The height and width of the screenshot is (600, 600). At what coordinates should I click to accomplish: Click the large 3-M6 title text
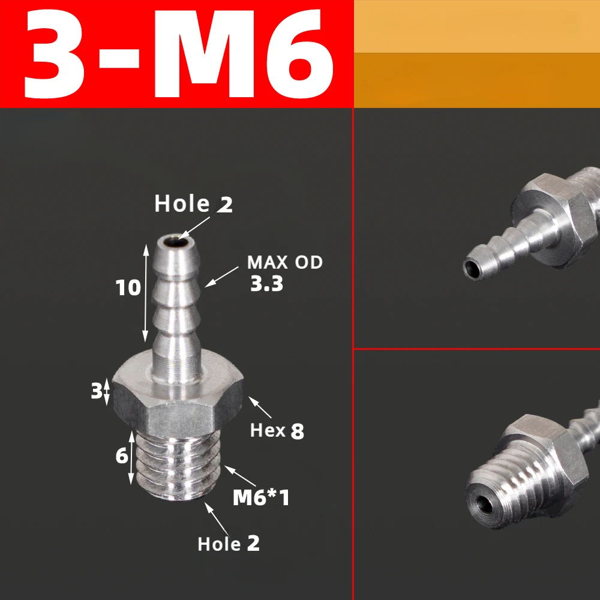tap(178, 54)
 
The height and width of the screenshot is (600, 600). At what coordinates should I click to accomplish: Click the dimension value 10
tap(128, 288)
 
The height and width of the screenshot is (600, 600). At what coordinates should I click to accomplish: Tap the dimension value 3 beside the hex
tap(96, 392)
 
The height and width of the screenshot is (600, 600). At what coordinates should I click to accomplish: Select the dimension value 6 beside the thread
tap(122, 456)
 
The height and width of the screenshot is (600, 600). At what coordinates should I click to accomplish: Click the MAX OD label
tap(285, 262)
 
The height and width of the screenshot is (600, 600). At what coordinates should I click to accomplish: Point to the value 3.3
tap(266, 283)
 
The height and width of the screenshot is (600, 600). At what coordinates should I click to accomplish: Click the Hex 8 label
tap(277, 430)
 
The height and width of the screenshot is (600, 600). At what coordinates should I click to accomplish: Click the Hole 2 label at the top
tap(193, 204)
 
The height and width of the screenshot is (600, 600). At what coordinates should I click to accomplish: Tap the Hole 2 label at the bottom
tap(229, 544)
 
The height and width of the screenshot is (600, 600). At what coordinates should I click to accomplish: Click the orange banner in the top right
tap(477, 54)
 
